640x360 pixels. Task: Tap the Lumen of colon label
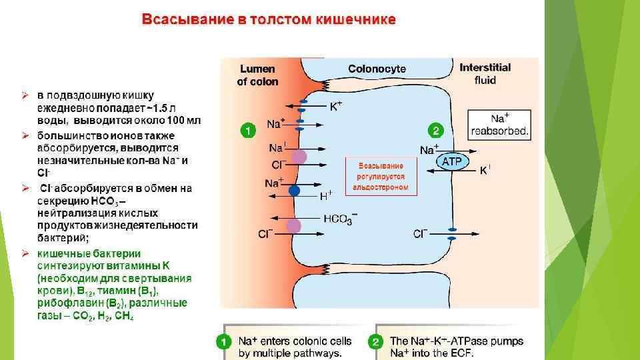coord(257,75)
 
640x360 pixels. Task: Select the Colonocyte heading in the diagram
coord(377,68)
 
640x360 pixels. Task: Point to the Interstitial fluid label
coord(485,73)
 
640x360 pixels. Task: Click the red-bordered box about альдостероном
coord(381,175)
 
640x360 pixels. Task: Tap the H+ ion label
coord(326,195)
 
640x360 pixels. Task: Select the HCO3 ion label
coord(339,219)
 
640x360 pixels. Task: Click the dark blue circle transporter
coord(294,191)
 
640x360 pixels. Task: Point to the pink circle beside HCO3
coord(294,226)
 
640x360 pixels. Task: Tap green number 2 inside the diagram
coord(435,129)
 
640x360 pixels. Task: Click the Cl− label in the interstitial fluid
coord(420,233)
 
